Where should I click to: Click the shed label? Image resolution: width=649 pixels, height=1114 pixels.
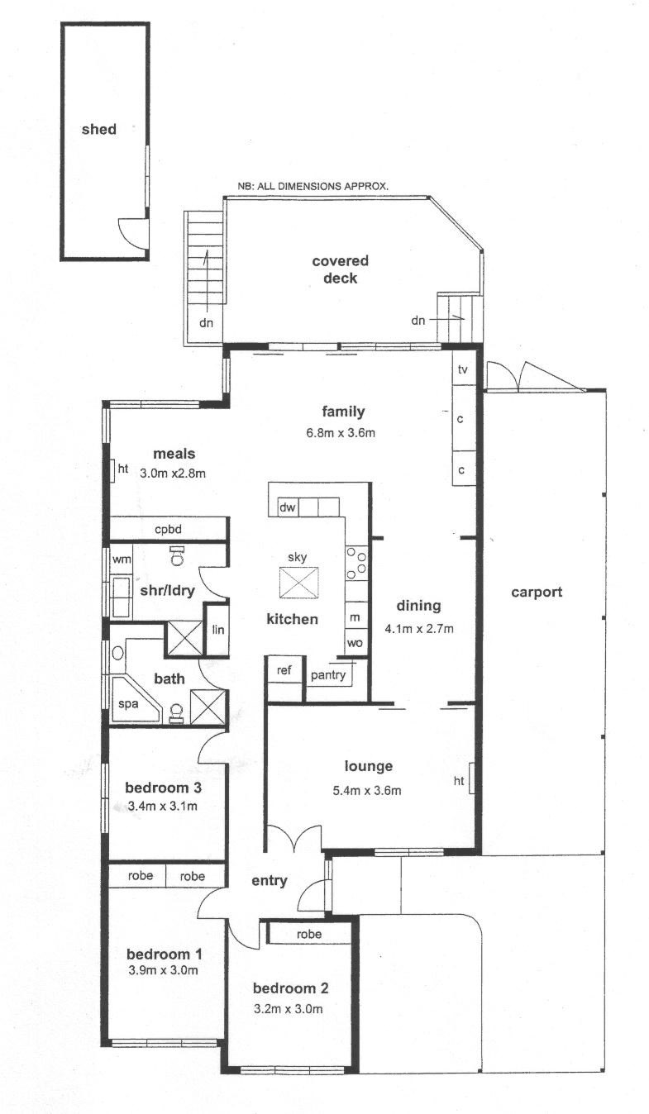tap(98, 129)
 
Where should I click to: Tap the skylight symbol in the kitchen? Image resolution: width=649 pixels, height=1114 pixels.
tap(298, 583)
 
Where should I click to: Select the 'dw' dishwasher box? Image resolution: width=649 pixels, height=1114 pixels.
tap(288, 507)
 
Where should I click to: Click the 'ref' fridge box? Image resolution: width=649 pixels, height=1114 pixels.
tap(284, 670)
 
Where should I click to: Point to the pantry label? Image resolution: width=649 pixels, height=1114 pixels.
tap(327, 675)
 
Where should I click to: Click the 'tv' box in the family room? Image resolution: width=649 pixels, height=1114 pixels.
tap(463, 369)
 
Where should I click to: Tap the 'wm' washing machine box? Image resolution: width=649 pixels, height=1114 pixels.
tap(122, 559)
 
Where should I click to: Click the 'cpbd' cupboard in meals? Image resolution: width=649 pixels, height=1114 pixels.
tap(168, 529)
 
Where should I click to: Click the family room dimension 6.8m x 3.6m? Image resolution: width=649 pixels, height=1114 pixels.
tap(343, 432)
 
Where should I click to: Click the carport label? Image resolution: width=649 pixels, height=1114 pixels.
tap(537, 592)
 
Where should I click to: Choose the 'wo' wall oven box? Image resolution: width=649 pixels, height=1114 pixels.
tap(355, 642)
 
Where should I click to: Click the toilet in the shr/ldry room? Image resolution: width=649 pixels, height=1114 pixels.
tap(176, 556)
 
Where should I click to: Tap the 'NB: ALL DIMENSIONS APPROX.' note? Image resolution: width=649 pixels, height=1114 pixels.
tap(313, 187)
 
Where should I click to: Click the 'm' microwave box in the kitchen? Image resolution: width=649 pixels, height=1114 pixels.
tap(355, 617)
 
